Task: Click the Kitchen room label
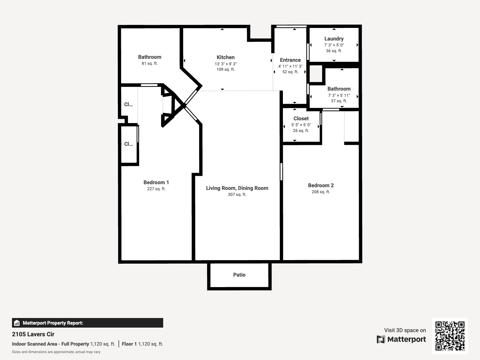226,57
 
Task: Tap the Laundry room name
334,39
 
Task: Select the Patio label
239,275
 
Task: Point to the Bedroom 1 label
156,182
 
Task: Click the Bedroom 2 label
321,185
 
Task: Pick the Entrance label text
290,60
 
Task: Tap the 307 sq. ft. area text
237,194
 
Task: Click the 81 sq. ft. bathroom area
150,63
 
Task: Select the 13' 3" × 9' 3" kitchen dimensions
226,64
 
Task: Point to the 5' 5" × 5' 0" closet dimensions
301,125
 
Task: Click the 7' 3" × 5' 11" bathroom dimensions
339,95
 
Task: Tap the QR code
450,336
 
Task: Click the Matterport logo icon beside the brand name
381,339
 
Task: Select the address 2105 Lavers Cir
33,334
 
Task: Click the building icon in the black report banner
17,323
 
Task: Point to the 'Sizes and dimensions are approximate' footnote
56,352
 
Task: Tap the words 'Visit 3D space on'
405,330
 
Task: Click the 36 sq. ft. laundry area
334,51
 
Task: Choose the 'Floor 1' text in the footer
129,344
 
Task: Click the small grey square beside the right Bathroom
316,74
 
